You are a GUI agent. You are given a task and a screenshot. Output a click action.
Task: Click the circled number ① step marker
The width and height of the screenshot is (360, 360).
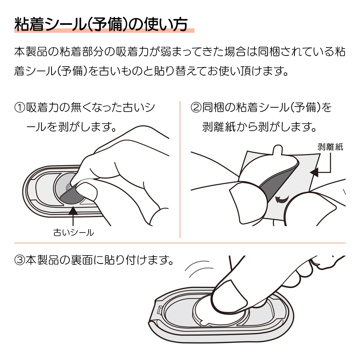20,108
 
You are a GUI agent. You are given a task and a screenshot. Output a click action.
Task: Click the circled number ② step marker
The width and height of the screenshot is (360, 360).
196,108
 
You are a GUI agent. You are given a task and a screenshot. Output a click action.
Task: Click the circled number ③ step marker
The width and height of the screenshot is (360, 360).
20,260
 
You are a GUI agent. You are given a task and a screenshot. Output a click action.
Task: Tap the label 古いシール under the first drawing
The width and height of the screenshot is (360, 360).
73,233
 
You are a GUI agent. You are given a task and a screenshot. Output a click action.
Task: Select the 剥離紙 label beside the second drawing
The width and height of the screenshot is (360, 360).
330,147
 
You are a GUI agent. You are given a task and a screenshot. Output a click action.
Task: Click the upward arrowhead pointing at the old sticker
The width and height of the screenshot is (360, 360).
73,211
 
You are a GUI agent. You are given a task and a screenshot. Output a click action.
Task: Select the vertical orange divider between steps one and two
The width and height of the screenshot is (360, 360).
180,170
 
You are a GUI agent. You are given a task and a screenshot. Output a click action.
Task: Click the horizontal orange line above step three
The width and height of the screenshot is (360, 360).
180,243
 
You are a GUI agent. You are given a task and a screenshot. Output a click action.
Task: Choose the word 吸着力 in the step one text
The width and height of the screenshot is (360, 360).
42,108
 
